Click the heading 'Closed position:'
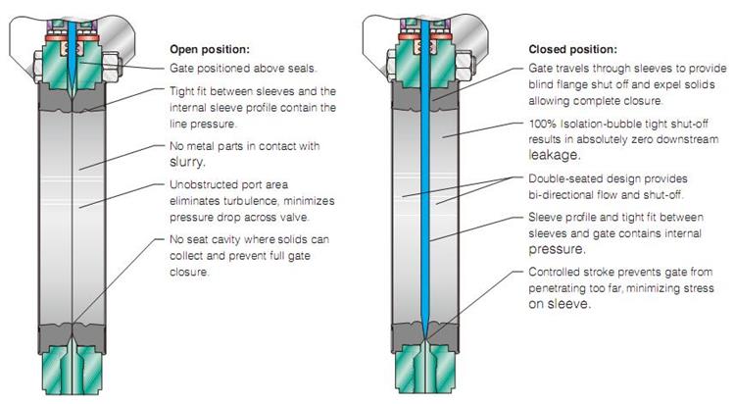[x=573, y=48]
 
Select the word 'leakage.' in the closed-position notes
[x=555, y=155]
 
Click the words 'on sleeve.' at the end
[x=560, y=303]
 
